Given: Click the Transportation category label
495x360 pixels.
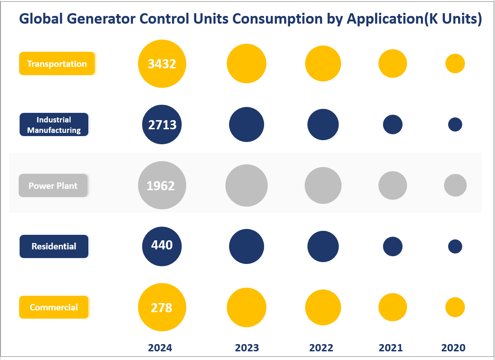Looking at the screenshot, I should pyautogui.click(x=56, y=64).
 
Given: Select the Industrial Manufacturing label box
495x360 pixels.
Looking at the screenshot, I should pyautogui.click(x=54, y=125).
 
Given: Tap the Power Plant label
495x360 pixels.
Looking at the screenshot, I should pyautogui.click(x=53, y=186).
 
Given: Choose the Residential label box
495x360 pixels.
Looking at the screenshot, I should pyautogui.click(x=54, y=246).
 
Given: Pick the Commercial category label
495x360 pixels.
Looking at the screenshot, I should pyautogui.click(x=54, y=307).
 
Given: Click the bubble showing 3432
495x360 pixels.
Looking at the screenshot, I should pyautogui.click(x=162, y=64).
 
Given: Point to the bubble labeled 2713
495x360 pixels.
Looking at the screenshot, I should pyautogui.click(x=162, y=125).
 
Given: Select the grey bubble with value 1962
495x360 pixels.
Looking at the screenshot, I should pyautogui.click(x=162, y=186).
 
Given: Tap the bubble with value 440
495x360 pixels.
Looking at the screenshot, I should pyautogui.click(x=162, y=246).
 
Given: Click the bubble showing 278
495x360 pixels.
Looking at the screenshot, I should pyautogui.click(x=162, y=307).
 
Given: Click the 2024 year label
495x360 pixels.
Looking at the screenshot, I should pyautogui.click(x=160, y=348).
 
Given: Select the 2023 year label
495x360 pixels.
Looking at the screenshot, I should pyautogui.click(x=247, y=348).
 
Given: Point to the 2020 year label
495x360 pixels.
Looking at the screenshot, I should pyautogui.click(x=453, y=348).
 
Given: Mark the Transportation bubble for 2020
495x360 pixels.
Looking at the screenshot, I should pyautogui.click(x=455, y=64).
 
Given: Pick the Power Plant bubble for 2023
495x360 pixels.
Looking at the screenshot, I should pyautogui.click(x=246, y=186).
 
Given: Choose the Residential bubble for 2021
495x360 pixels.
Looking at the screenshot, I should pyautogui.click(x=393, y=246).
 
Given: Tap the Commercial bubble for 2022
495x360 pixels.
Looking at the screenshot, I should pyautogui.click(x=323, y=307).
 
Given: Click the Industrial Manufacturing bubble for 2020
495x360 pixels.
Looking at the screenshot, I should pyautogui.click(x=455, y=124).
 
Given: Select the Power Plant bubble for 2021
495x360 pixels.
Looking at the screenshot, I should pyautogui.click(x=393, y=186).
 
